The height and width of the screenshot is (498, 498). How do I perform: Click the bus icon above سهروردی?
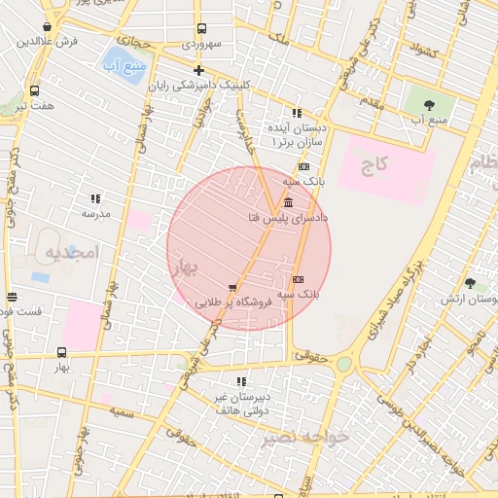(x=201, y=29)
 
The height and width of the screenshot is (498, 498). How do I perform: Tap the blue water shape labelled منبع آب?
(x=124, y=64)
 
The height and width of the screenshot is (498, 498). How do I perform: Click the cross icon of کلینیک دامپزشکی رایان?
(x=199, y=70)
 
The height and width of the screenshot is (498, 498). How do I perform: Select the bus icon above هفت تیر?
(x=35, y=90)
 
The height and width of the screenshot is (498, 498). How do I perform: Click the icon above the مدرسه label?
(x=95, y=198)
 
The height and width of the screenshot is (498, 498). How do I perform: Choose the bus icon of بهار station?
(x=62, y=353)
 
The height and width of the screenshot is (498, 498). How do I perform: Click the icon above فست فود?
(x=12, y=297)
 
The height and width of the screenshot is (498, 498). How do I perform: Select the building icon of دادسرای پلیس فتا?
(x=288, y=203)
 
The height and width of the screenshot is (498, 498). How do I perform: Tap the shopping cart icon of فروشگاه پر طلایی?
(x=231, y=288)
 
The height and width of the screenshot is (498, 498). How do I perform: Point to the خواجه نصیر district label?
(x=304, y=438)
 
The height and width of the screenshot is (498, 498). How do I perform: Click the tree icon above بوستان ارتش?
(x=471, y=284)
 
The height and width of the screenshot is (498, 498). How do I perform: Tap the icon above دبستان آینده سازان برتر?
(x=297, y=113)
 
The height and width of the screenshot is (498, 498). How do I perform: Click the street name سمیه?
(x=121, y=413)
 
